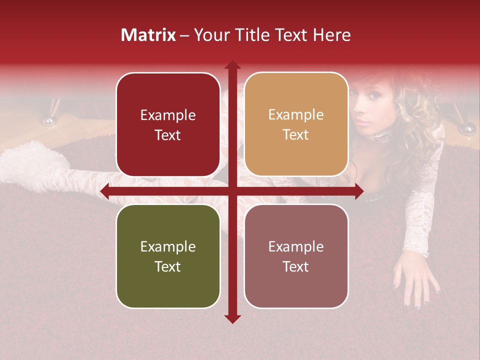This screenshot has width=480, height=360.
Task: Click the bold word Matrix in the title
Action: pos(148,35)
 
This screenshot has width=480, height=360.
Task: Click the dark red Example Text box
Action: pos(168,124)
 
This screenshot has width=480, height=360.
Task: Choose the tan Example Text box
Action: pos(296,124)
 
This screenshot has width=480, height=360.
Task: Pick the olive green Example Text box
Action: pos(168,256)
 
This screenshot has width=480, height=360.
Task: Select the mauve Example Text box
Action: pos(296,256)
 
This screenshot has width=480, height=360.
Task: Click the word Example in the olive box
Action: pos(168,246)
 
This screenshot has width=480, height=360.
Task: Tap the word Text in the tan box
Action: pos(296,135)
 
